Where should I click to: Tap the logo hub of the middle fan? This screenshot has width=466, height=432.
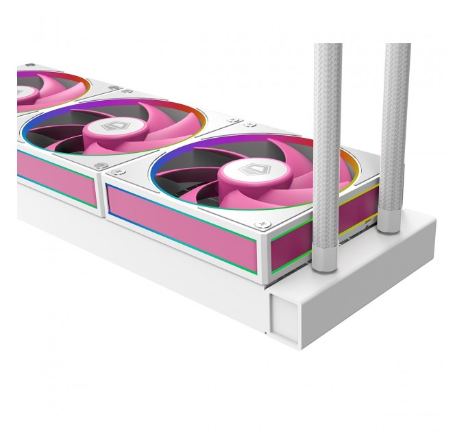tap(112, 128)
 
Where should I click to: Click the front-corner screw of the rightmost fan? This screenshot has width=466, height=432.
tap(259, 224)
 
